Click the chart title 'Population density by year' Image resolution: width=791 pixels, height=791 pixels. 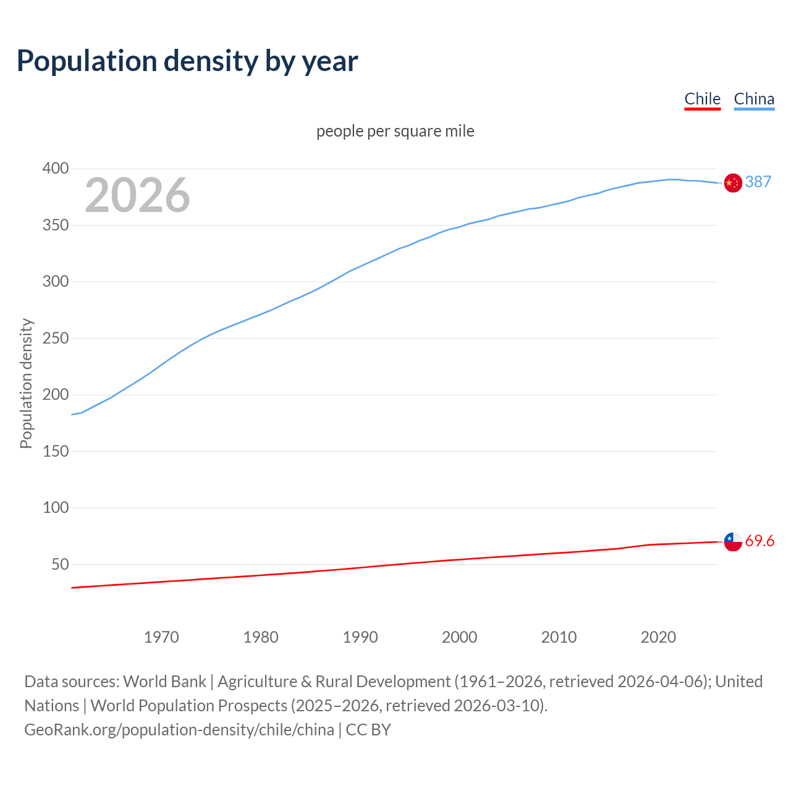(x=187, y=61)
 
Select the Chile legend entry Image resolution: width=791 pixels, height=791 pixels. (x=702, y=99)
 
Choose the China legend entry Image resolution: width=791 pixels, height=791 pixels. (x=754, y=99)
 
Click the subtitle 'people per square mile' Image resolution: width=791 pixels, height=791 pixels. (x=395, y=131)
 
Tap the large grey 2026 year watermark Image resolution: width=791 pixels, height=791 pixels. (x=137, y=195)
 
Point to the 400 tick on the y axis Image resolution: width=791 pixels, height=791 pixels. (x=56, y=168)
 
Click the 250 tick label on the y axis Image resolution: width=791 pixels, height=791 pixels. (x=56, y=338)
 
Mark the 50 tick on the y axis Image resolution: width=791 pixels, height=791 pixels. (x=60, y=564)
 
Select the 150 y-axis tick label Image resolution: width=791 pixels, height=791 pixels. (x=56, y=451)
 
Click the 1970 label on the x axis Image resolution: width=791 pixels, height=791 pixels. (x=161, y=637)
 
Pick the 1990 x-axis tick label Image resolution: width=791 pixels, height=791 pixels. (x=360, y=637)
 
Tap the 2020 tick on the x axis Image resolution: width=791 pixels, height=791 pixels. (x=658, y=637)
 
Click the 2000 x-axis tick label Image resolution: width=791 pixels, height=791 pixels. (x=459, y=637)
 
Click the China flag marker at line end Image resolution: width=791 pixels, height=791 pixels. (x=733, y=183)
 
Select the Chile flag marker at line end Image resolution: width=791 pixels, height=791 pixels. (x=733, y=541)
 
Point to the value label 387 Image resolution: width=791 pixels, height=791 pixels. (x=758, y=182)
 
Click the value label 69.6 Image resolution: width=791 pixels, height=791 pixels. (x=759, y=541)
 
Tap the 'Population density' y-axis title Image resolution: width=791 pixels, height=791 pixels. (x=26, y=383)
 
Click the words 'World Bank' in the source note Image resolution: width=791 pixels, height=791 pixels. (x=164, y=681)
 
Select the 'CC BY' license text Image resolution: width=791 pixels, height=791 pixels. (x=368, y=729)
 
